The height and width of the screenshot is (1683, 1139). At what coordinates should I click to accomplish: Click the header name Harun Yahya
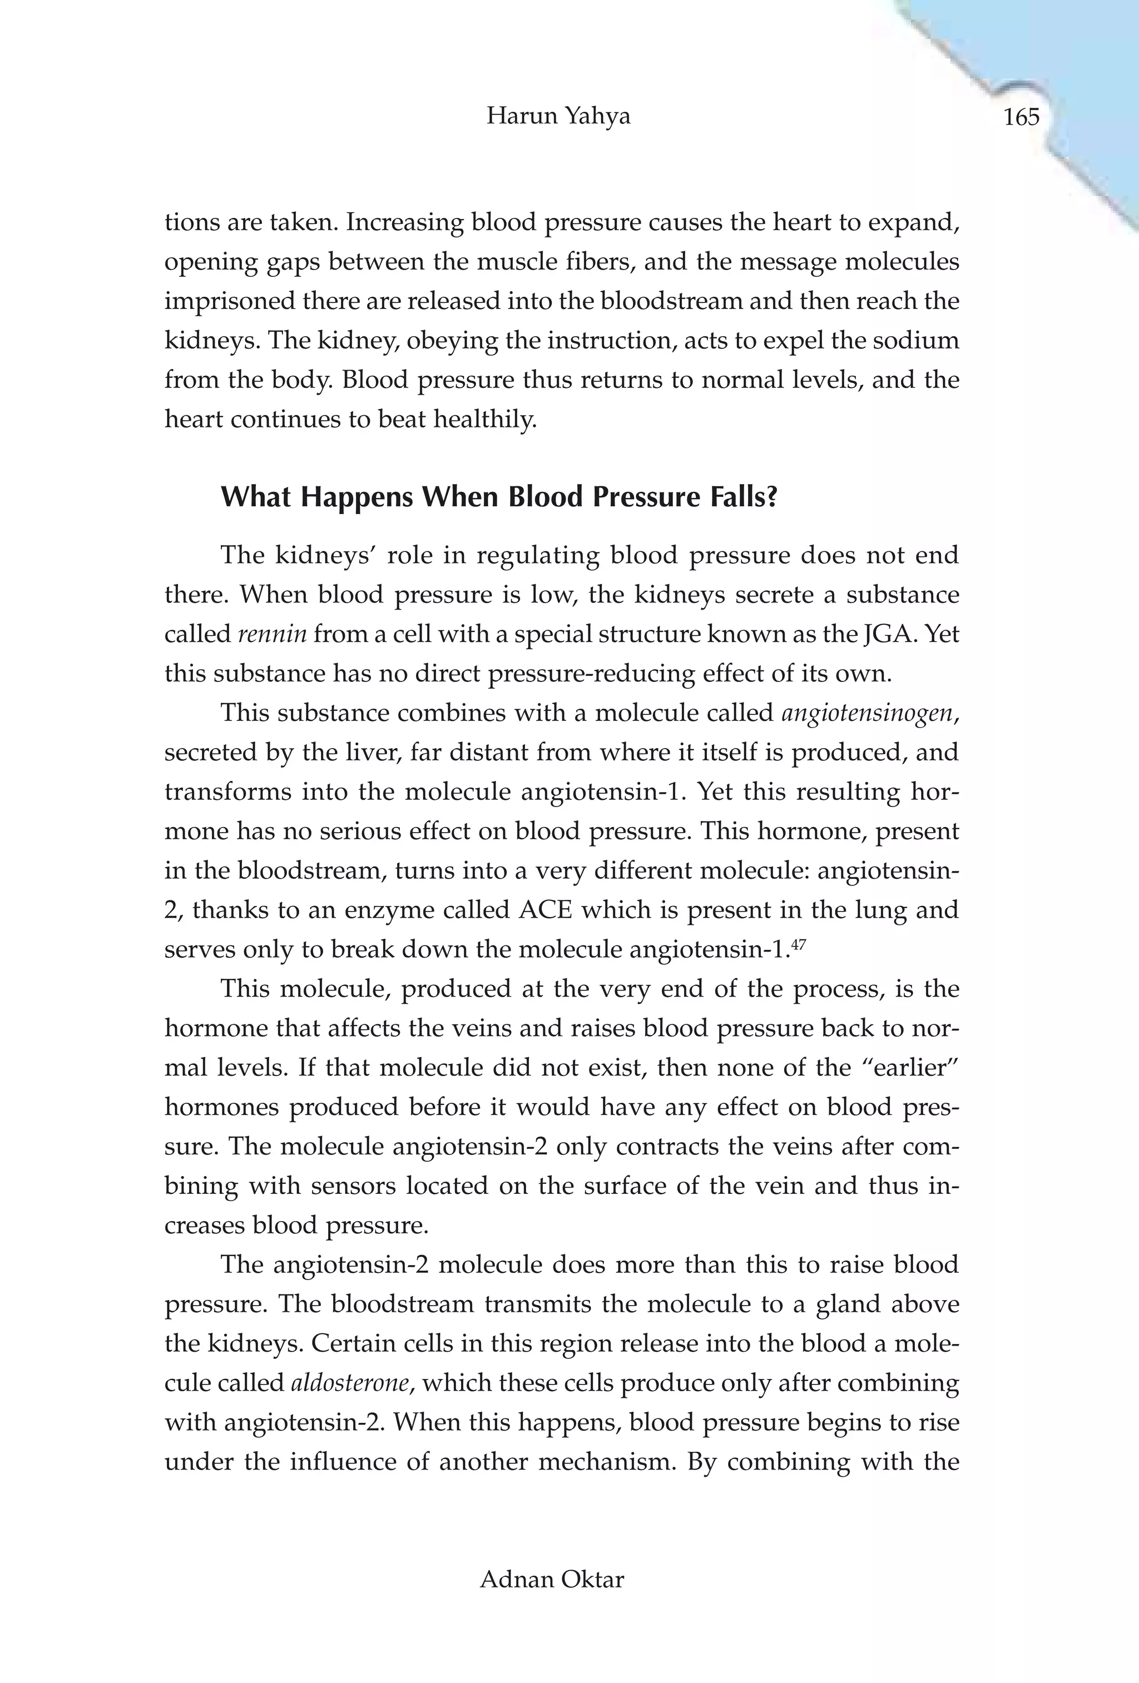click(x=558, y=116)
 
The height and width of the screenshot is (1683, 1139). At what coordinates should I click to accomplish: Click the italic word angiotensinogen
click(x=867, y=713)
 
